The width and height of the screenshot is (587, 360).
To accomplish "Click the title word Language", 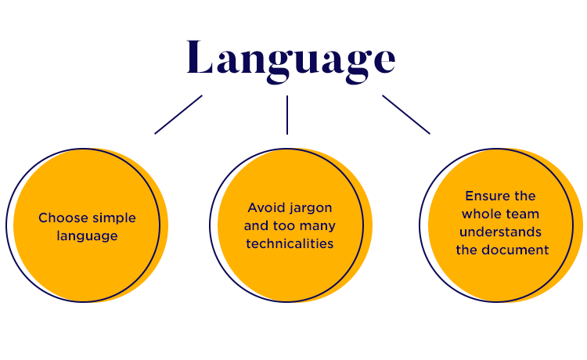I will pyautogui.click(x=290, y=59).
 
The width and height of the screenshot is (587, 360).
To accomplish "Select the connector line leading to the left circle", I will pyautogui.click(x=178, y=114).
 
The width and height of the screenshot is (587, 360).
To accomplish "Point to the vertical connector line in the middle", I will pyautogui.click(x=287, y=114).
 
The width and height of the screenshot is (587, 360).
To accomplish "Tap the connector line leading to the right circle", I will pyautogui.click(x=405, y=114).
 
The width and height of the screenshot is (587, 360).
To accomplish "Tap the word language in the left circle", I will pyautogui.click(x=87, y=235).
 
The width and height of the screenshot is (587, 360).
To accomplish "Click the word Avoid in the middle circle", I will pyautogui.click(x=265, y=208).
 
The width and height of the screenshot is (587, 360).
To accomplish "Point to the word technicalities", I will pyautogui.click(x=290, y=243).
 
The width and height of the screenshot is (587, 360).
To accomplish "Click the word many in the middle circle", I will pyautogui.click(x=319, y=226).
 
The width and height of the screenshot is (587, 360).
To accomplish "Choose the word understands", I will pyautogui.click(x=500, y=232).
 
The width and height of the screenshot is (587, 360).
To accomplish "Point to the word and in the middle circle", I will pyautogui.click(x=257, y=226).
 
